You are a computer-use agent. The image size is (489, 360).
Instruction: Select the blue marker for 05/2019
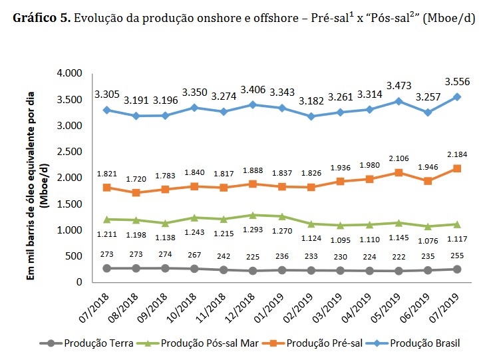(x=398, y=101)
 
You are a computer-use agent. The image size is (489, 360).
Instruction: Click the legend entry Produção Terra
(x=90, y=343)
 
